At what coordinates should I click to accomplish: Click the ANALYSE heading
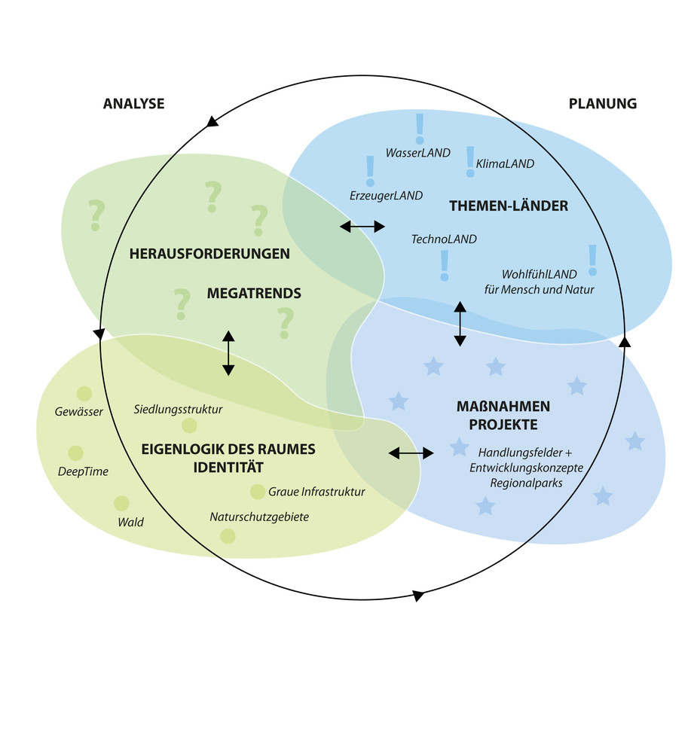pyautogui.click(x=133, y=104)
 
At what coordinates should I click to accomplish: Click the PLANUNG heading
pyautogui.click(x=602, y=104)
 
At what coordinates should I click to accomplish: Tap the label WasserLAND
pyautogui.click(x=417, y=153)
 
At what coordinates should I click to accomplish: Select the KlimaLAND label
pyautogui.click(x=505, y=163)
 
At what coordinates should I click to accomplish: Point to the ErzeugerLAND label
pyautogui.click(x=386, y=196)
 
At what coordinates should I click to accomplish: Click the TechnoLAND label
pyautogui.click(x=444, y=239)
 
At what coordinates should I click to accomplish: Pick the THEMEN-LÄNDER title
pyautogui.click(x=509, y=206)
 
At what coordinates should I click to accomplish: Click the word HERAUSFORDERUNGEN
pyautogui.click(x=209, y=254)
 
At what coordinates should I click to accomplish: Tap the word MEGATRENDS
pyautogui.click(x=254, y=294)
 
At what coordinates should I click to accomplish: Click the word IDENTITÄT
pyautogui.click(x=228, y=467)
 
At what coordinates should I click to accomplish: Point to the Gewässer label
pyautogui.click(x=78, y=412)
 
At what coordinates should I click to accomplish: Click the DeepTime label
pyautogui.click(x=83, y=472)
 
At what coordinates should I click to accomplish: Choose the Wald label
pyautogui.click(x=130, y=522)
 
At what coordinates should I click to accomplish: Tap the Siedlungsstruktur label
pyautogui.click(x=178, y=410)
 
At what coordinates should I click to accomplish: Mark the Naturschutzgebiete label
pyautogui.click(x=259, y=517)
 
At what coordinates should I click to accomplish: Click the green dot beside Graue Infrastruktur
pyautogui.click(x=258, y=492)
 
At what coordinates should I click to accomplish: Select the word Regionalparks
pyautogui.click(x=526, y=483)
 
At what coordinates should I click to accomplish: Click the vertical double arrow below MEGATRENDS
pyautogui.click(x=228, y=353)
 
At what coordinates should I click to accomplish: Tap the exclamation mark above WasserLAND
pyautogui.click(x=420, y=129)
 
